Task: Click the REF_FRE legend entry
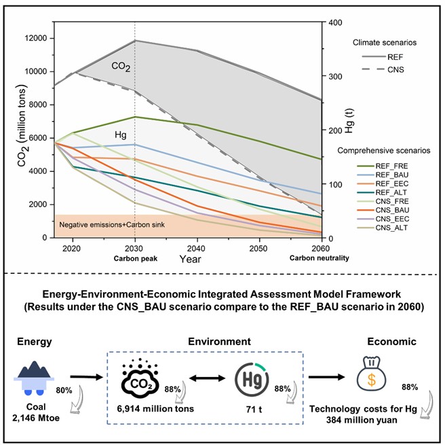click(x=383, y=166)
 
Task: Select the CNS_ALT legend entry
click(x=383, y=228)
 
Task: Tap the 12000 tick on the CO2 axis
click(x=36, y=38)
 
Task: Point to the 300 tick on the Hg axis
click(x=336, y=76)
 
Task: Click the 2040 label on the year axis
click(x=196, y=249)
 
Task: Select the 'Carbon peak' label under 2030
click(x=136, y=258)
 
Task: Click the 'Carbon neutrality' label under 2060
click(x=319, y=258)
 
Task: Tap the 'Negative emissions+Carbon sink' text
click(x=112, y=225)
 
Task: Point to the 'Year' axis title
click(x=190, y=260)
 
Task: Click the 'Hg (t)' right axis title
click(x=349, y=121)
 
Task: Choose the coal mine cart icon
click(x=34, y=378)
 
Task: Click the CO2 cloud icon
click(x=140, y=378)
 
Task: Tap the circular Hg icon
click(x=252, y=380)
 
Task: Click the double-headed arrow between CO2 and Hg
click(x=208, y=378)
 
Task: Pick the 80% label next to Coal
click(x=64, y=390)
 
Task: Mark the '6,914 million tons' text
click(x=155, y=409)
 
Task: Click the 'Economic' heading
click(x=391, y=341)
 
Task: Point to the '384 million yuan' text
click(x=362, y=420)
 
